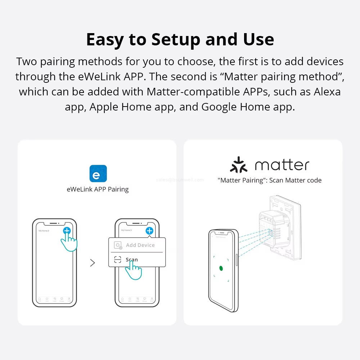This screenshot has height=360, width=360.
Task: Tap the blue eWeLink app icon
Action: pos(98,174)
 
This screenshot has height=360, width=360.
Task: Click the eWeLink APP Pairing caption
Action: pos(98,189)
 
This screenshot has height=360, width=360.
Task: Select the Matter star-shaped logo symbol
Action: pos(239,165)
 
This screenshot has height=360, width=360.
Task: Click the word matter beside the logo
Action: pos(282,165)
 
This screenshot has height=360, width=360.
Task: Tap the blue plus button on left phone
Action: pos(67,231)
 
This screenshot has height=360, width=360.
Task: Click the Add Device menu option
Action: pos(140,245)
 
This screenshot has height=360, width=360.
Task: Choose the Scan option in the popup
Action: pos(131,260)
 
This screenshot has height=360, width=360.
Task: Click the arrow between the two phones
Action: pos(93,263)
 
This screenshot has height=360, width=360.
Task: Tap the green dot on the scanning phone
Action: pos(221,268)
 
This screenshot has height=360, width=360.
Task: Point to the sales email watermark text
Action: pos(180,180)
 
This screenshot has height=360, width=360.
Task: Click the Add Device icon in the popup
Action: pos(118,245)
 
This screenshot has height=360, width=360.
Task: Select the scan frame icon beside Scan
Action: pos(118,260)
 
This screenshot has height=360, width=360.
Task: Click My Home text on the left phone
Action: pos(44,230)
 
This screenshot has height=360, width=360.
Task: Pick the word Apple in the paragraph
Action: pos(104,107)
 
